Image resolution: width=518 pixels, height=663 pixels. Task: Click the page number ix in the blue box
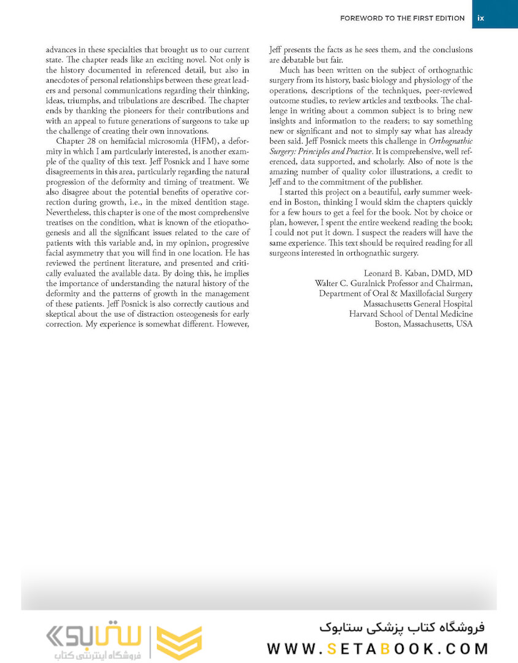click(481, 18)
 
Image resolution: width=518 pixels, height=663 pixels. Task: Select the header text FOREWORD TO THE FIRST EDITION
click(402, 18)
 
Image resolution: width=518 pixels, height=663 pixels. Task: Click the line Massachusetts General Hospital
click(417, 303)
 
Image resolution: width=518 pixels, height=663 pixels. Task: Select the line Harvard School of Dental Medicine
click(411, 314)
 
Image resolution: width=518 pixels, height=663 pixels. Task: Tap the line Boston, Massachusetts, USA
click(423, 324)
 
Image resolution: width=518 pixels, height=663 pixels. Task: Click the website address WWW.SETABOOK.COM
click(378, 648)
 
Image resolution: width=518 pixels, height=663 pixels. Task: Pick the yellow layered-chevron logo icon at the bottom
click(180, 643)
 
